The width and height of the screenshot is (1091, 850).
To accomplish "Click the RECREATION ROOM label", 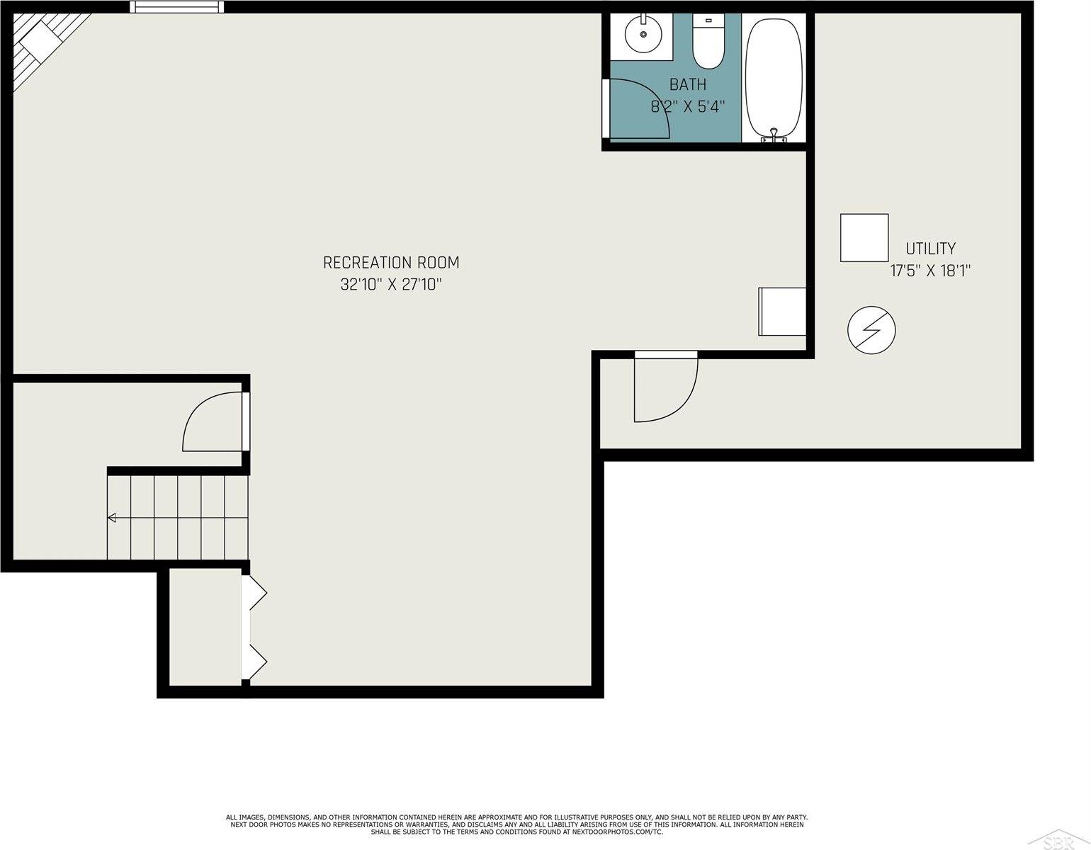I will [x=391, y=263].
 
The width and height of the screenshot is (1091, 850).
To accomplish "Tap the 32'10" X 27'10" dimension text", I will [x=391, y=285].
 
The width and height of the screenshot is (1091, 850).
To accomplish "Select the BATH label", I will [x=688, y=85].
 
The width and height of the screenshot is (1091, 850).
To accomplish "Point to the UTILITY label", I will [x=930, y=249].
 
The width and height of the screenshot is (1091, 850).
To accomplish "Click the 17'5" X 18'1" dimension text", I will [x=930, y=271].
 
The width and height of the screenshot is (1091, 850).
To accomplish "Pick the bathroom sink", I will [x=643, y=34].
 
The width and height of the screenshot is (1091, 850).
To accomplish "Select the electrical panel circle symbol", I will [x=871, y=330].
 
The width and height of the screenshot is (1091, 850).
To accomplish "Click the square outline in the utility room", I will [x=864, y=238].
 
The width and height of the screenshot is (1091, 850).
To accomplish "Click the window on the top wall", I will [x=176, y=7].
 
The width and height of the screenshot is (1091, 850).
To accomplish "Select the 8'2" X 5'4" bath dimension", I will [x=688, y=107].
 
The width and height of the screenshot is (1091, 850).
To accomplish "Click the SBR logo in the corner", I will [x=1063, y=841].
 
